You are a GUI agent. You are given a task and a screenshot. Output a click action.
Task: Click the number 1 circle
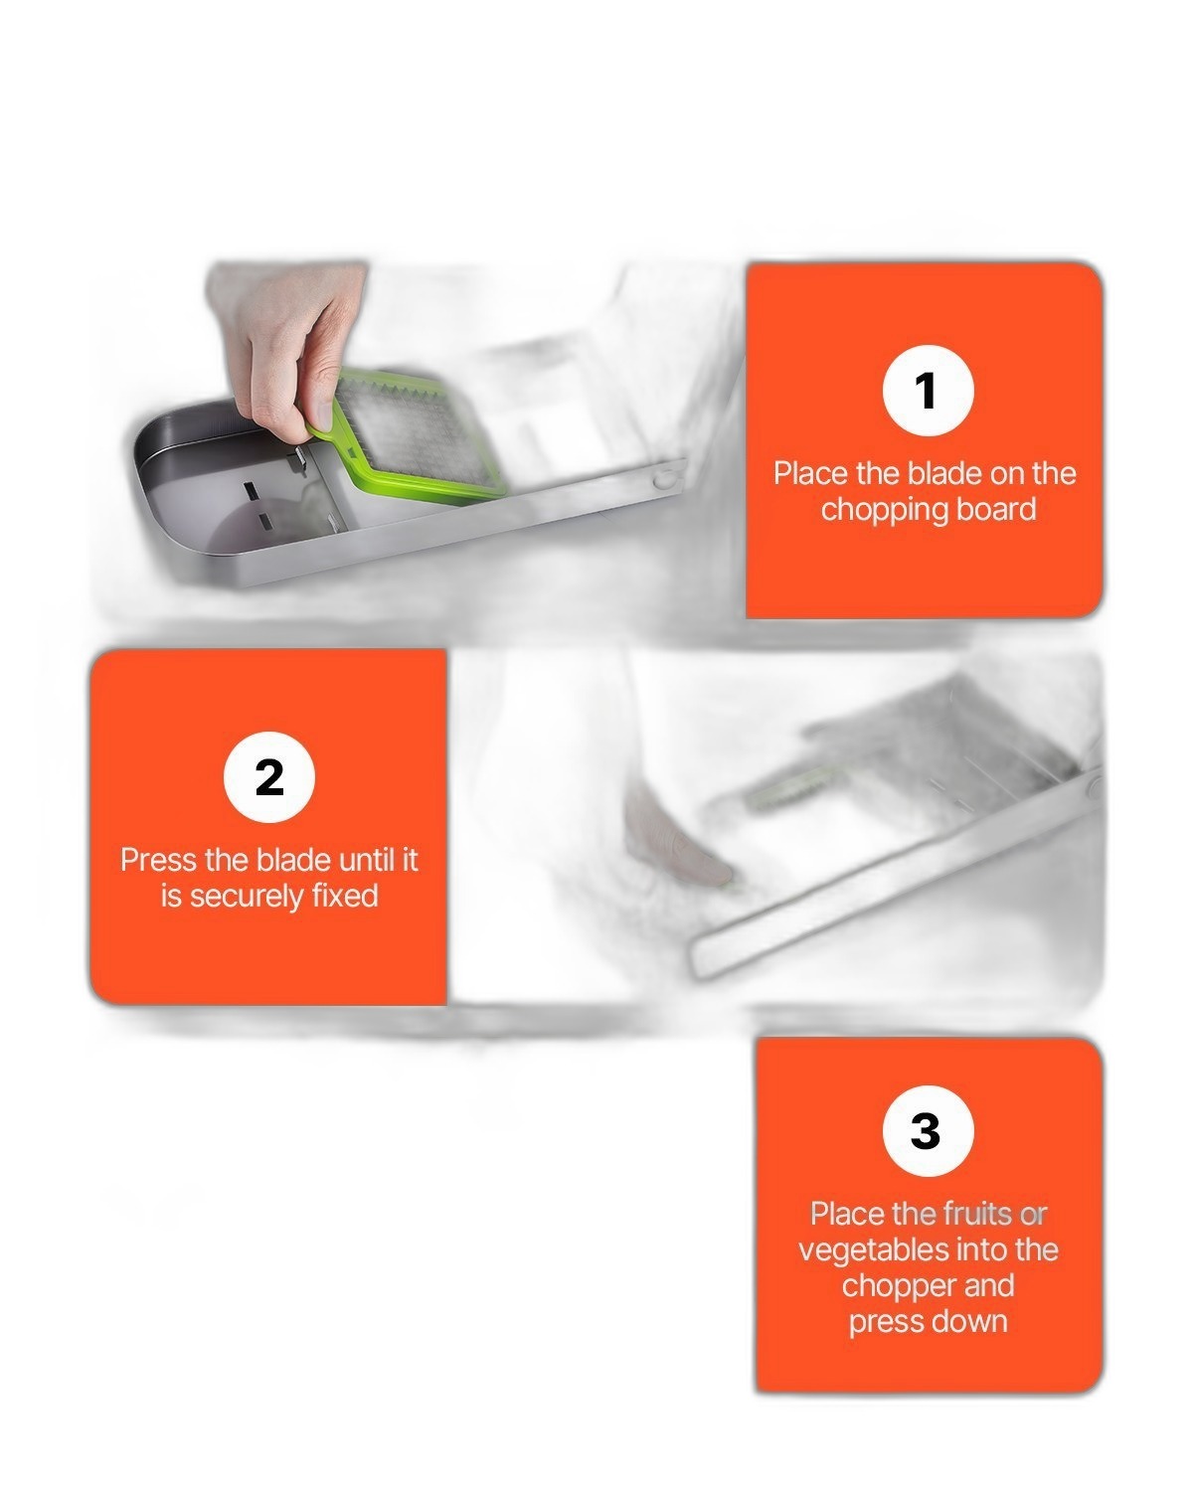pos(928,390)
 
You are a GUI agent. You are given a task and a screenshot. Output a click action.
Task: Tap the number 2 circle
pos(269,776)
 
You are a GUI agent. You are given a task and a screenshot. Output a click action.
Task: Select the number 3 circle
pos(928,1130)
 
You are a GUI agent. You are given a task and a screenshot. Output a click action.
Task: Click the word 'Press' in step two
pos(158,860)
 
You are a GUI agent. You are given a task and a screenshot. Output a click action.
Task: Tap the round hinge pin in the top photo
pos(663,478)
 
